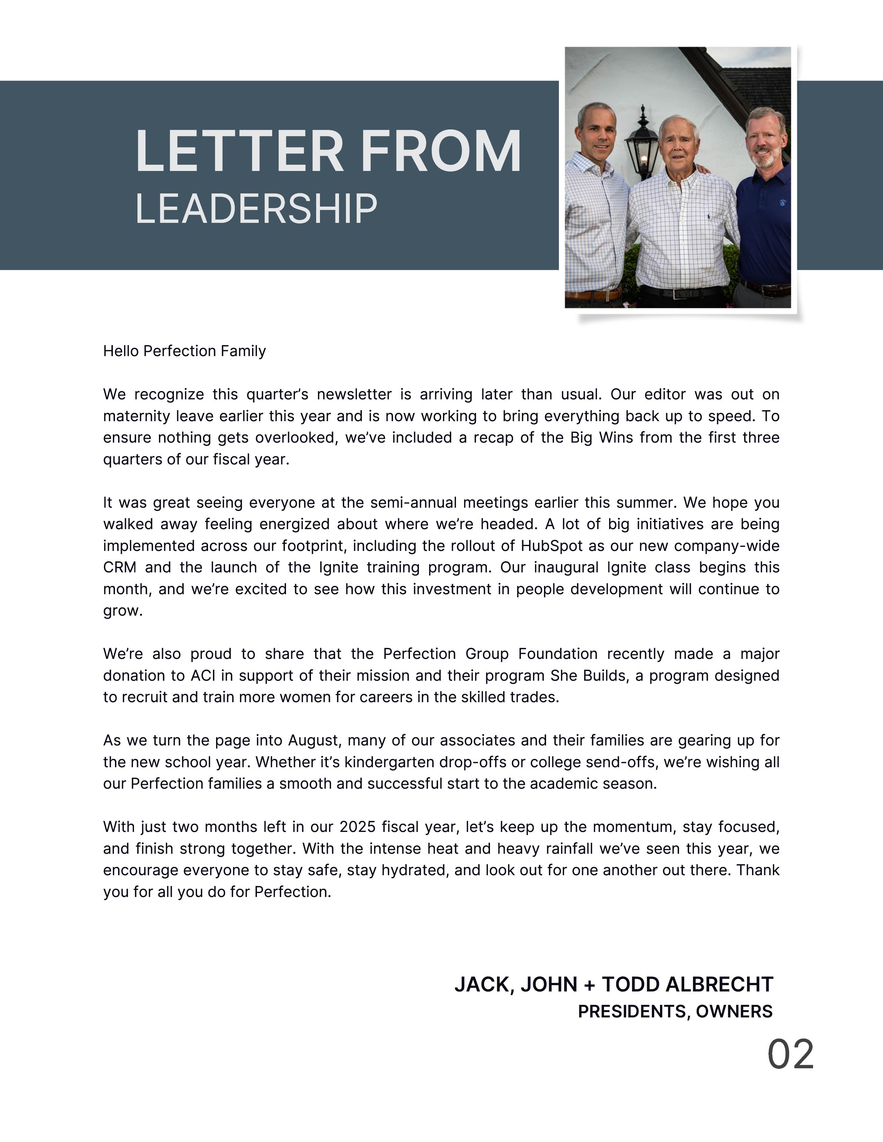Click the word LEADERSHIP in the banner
256,209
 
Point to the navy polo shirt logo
783,202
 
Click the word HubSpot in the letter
551,546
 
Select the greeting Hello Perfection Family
184,351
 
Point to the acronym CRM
119,567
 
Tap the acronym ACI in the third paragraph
203,676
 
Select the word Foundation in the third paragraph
558,654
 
